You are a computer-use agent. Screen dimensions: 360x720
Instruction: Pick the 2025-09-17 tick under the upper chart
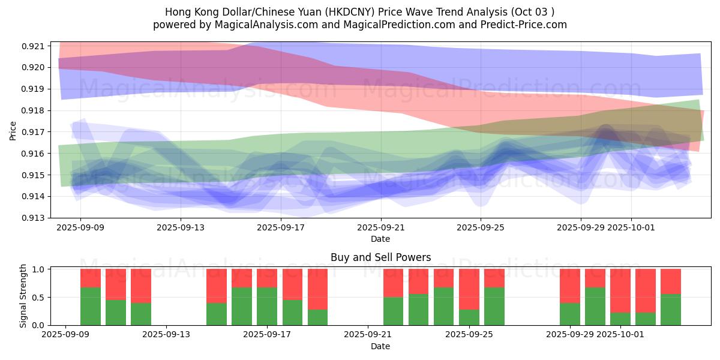click(281, 228)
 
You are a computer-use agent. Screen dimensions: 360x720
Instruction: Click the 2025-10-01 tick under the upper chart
click(631, 228)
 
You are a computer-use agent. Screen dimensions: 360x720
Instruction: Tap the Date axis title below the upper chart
click(380, 239)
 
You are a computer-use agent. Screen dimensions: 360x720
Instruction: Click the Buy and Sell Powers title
click(380, 258)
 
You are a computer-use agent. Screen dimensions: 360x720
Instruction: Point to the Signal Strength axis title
click(23, 297)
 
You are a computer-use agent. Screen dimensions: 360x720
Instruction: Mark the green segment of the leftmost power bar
click(91, 306)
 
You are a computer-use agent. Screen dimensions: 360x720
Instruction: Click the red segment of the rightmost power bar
click(671, 281)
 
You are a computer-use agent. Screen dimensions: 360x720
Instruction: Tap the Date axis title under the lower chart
click(380, 346)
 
